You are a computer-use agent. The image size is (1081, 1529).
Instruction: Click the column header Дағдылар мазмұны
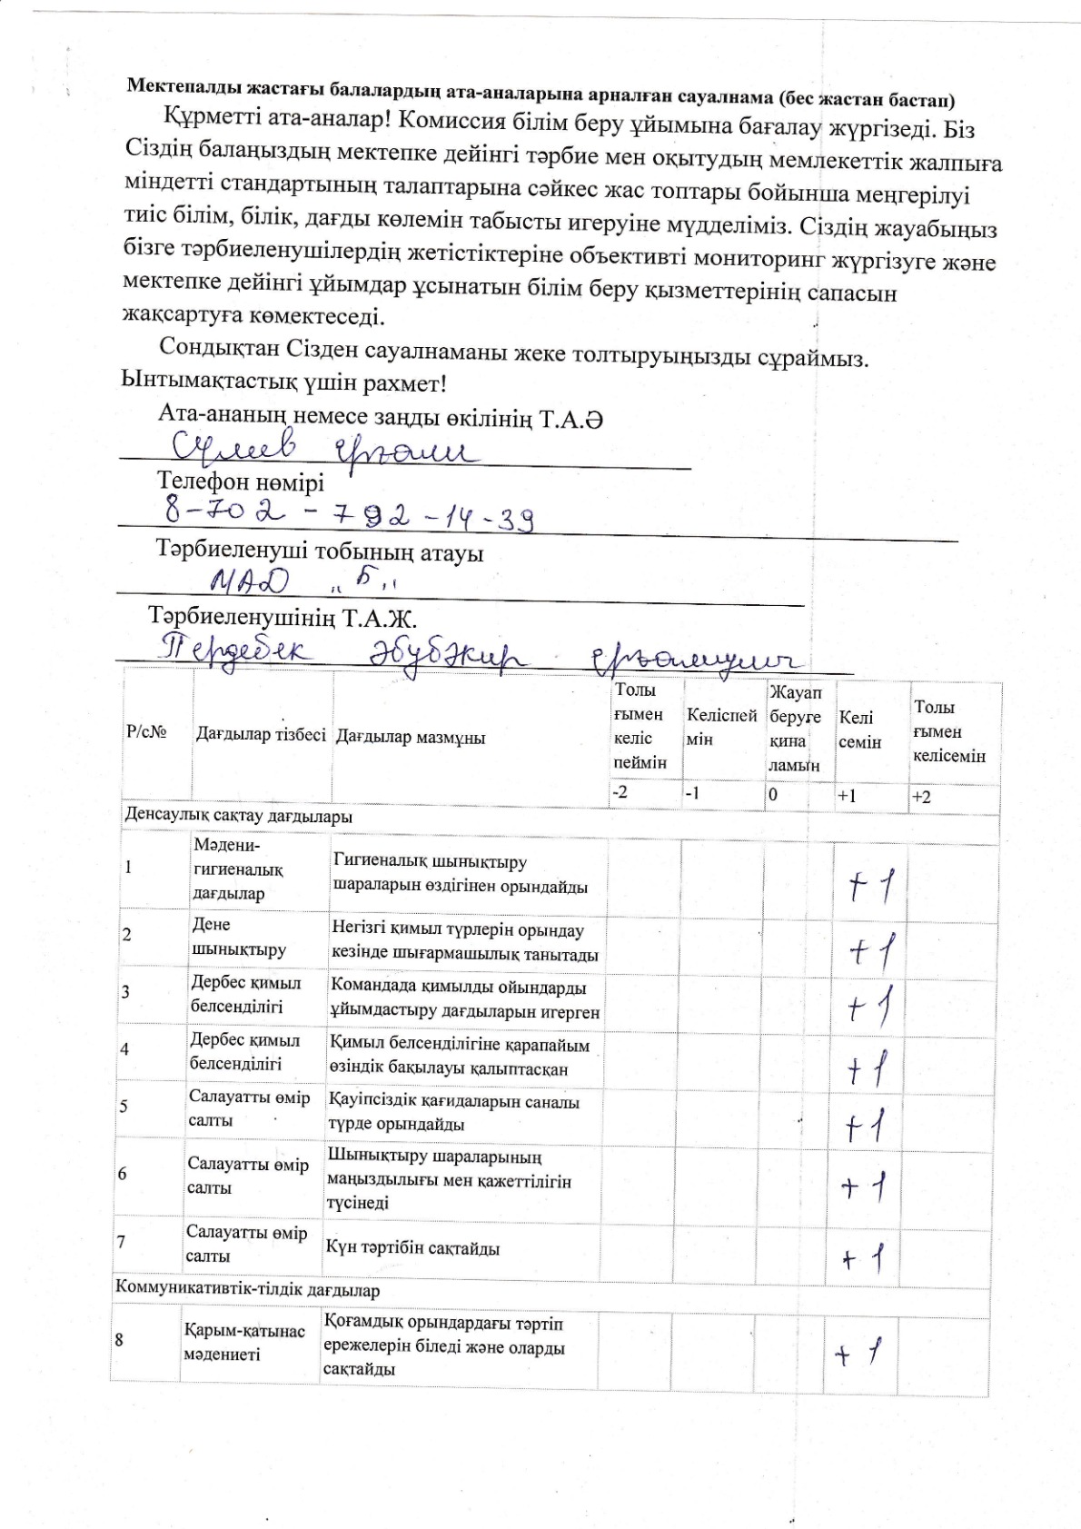click(411, 737)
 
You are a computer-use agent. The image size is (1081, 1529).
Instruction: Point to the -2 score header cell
click(620, 792)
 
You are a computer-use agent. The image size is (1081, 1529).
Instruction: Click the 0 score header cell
click(773, 793)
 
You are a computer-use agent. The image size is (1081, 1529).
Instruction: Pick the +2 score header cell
click(921, 797)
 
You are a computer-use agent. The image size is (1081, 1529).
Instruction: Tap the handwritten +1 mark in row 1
click(870, 884)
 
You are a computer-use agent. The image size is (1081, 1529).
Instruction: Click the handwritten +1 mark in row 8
click(858, 1355)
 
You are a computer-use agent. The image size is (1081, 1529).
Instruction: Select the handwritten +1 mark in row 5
click(866, 1127)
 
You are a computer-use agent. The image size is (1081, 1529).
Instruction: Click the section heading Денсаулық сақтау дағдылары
click(238, 816)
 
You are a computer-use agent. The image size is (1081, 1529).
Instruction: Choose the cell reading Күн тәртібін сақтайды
click(413, 1247)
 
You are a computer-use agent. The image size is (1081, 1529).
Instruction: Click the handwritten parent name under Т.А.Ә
click(318, 448)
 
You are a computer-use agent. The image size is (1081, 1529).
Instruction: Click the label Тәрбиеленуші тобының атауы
click(320, 552)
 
